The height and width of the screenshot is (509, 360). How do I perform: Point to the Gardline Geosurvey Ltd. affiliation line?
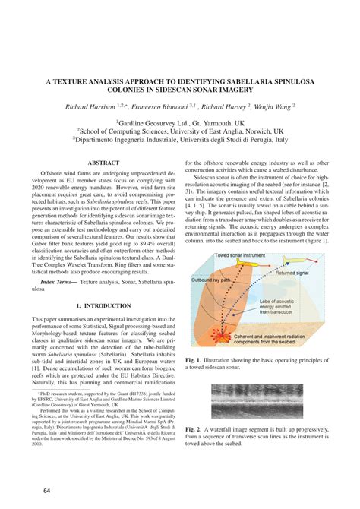pos(179,122)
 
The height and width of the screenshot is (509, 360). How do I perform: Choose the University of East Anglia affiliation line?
pos(179,131)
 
